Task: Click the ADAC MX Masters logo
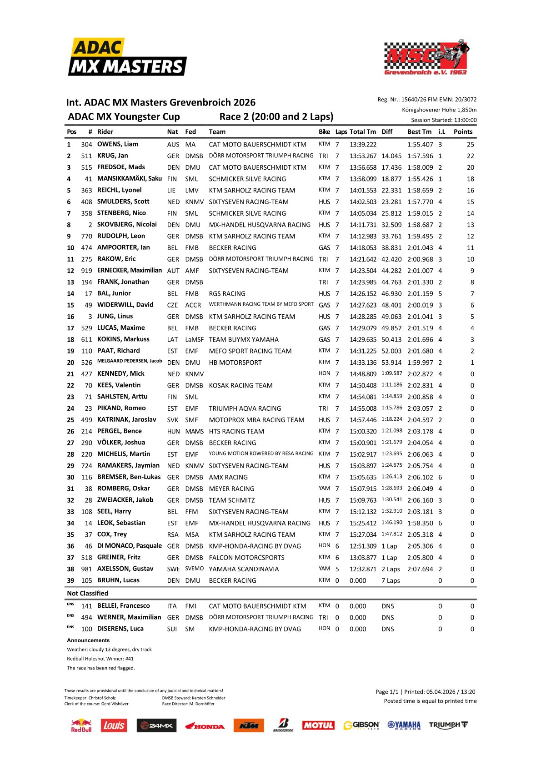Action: click(127, 57)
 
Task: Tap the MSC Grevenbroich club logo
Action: click(426, 57)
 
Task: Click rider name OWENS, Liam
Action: click(118, 144)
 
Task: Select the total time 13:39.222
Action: click(363, 145)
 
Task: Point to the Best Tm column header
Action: click(419, 132)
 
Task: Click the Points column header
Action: click(463, 132)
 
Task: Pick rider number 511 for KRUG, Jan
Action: click(86, 156)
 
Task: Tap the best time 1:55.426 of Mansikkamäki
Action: click(420, 179)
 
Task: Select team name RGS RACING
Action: click(227, 294)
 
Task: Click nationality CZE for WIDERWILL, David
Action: click(172, 305)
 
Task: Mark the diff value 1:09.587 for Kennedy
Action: click(391, 373)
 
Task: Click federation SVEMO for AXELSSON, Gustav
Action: click(194, 569)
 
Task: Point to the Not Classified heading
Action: click(87, 594)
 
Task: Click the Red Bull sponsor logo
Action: click(81, 726)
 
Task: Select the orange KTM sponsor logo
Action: click(249, 726)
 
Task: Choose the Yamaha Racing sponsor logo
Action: click(404, 726)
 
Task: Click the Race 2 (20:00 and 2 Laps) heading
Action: click(276, 117)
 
